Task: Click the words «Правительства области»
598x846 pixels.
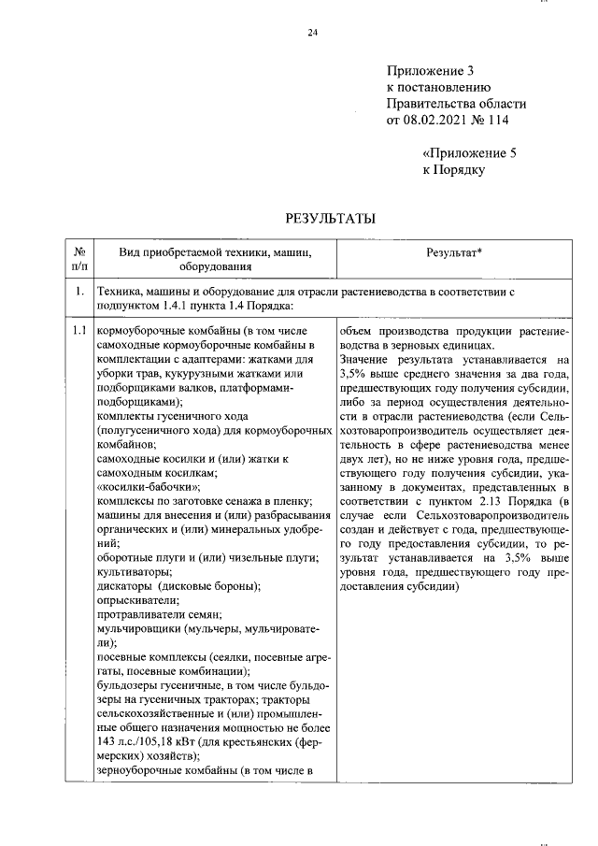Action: pyautogui.click(x=456, y=103)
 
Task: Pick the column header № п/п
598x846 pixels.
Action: pyautogui.click(x=79, y=259)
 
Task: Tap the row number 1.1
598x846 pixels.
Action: pyautogui.click(x=79, y=330)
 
